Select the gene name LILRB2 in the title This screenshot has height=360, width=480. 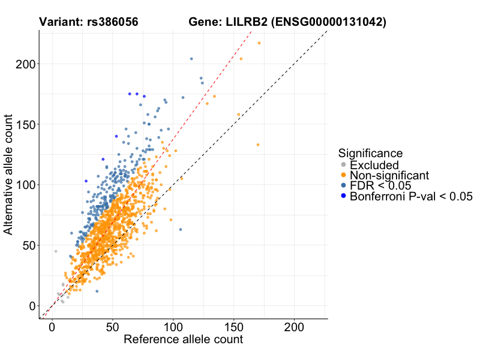(243, 22)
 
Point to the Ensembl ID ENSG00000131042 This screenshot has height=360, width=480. (328, 22)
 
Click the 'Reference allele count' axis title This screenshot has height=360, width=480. (183, 340)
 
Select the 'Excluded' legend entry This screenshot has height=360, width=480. (374, 165)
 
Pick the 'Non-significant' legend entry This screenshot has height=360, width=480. (389, 175)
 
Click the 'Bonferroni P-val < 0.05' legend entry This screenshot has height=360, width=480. (412, 196)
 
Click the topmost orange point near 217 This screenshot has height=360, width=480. (259, 43)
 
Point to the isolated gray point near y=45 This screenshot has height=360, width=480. (56, 251)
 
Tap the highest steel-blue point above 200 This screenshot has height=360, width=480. (191, 59)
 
